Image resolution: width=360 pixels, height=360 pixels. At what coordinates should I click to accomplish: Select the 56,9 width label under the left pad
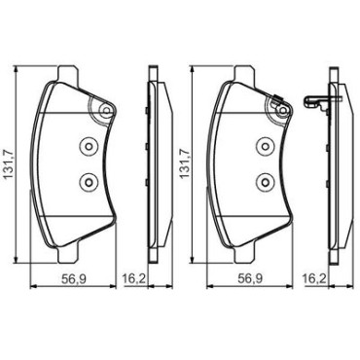[73, 278]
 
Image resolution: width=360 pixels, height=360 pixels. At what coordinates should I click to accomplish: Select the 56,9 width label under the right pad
[250, 278]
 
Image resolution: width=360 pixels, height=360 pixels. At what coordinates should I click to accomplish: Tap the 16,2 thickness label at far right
[314, 278]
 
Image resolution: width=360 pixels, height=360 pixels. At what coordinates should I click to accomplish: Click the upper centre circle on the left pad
[88, 146]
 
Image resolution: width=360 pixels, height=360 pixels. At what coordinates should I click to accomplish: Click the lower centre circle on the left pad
[88, 182]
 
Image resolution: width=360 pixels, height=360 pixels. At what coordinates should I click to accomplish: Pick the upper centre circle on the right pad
[265, 146]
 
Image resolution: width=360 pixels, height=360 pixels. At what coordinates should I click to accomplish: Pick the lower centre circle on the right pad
[265, 182]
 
